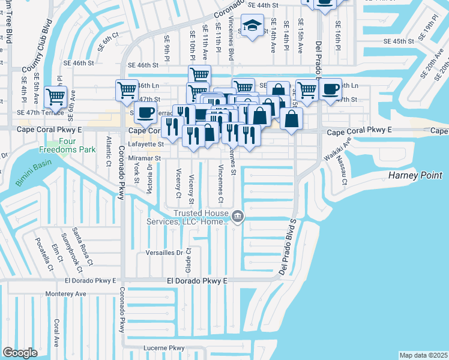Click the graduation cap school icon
[252, 25]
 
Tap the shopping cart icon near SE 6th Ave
[55, 95]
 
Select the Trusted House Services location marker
[238, 216]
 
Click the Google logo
[20, 353]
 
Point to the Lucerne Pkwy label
[164, 348]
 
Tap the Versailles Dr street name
[163, 253]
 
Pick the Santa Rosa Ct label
[82, 245]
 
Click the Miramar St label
[145, 158]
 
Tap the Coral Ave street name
[56, 333]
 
